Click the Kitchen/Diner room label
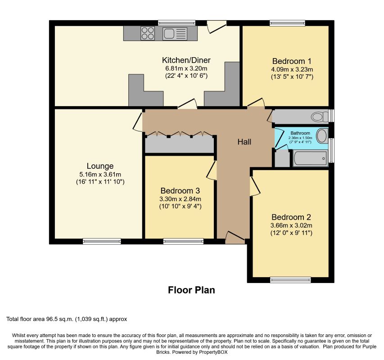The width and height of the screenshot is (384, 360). pos(186,60)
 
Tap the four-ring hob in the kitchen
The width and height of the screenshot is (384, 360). pos(148,33)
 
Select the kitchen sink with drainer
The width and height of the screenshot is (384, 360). pos(175,34)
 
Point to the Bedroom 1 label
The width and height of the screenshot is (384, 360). pos(292,61)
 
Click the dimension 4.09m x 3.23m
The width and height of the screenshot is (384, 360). pos(292,69)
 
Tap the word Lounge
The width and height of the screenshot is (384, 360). pos(100,166)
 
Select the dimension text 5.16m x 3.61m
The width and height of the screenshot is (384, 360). pos(100,175)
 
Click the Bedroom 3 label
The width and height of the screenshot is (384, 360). pos(180,191)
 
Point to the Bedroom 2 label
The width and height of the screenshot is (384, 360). pos(291,217)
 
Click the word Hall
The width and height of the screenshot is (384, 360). pos(244,142)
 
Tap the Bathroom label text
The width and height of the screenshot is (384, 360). pos(300,133)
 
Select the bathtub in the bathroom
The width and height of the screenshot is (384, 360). pos(310,158)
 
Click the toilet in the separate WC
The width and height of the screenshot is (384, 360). pos(320,116)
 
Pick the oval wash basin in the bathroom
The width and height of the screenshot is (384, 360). pos(322,136)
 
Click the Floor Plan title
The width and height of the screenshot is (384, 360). pos(191,290)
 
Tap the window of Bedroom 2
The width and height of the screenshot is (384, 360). pos(290,280)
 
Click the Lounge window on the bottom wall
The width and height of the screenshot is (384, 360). pos(102,241)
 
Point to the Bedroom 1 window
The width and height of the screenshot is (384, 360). pos(288,23)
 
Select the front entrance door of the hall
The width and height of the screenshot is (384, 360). pos(235,238)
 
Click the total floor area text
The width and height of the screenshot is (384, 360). pos(67,319)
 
